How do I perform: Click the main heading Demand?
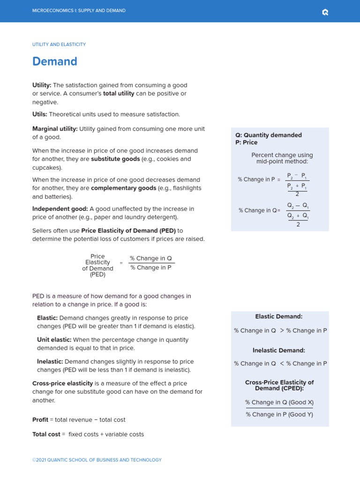click(x=54, y=61)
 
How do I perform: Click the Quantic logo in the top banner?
click(x=325, y=12)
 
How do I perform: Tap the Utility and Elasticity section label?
click(x=59, y=45)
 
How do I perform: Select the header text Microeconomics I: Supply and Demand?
click(x=79, y=11)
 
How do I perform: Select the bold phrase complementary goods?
click(x=123, y=188)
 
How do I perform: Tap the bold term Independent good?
click(x=60, y=209)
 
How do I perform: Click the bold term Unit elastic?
click(x=54, y=340)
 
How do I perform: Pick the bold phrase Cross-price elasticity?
click(x=62, y=383)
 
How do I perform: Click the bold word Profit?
click(x=40, y=420)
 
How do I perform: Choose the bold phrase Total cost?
click(x=46, y=435)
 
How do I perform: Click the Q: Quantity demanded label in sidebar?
click(x=268, y=135)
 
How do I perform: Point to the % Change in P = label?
click(x=258, y=180)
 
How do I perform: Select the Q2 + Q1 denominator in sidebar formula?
click(x=298, y=216)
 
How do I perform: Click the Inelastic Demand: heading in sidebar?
click(x=278, y=350)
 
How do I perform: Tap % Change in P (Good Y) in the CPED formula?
click(x=279, y=414)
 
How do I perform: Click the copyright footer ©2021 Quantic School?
click(x=97, y=460)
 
